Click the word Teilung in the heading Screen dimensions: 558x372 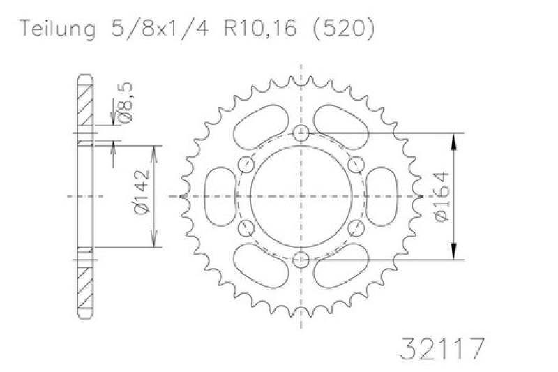point(58,29)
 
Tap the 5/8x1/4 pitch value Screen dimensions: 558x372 point(160,28)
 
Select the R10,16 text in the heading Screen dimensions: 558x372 point(260,28)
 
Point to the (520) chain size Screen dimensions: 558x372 point(343,29)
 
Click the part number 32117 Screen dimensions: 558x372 point(443,349)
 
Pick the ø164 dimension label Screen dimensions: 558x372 point(442,196)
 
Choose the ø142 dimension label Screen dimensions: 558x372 point(142,191)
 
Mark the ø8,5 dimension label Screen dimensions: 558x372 point(125,102)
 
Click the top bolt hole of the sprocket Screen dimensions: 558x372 point(301,133)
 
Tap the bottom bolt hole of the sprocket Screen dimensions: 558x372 point(301,260)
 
